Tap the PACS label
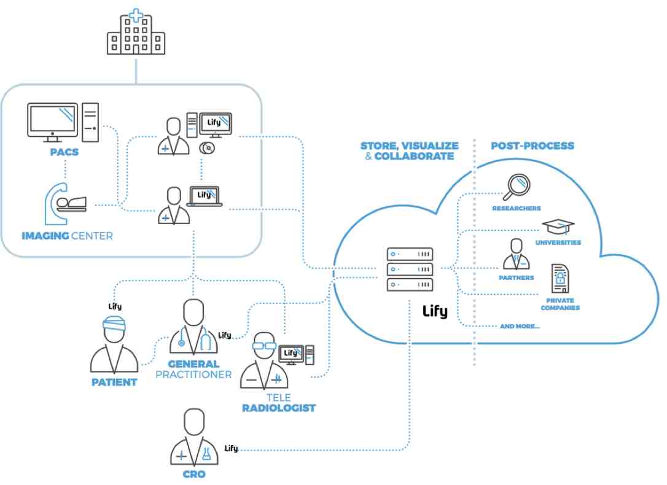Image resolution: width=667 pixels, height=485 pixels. click(x=64, y=151)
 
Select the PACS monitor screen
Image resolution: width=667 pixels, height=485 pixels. click(x=53, y=120)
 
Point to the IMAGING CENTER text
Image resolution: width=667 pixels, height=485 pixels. click(x=67, y=236)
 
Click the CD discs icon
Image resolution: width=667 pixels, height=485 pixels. click(x=206, y=147)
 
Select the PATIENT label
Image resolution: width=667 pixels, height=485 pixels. click(x=114, y=382)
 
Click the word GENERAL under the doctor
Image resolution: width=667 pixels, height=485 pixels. click(x=193, y=364)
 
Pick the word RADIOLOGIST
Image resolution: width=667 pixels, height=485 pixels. click(x=278, y=408)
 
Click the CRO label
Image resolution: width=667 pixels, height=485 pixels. click(x=193, y=475)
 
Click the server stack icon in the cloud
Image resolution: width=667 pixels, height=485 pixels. click(x=410, y=270)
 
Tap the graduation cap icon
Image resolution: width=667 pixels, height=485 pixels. click(x=558, y=226)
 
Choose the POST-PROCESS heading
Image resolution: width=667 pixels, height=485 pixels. click(x=532, y=146)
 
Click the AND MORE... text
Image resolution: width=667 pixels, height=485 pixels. click(x=520, y=327)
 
